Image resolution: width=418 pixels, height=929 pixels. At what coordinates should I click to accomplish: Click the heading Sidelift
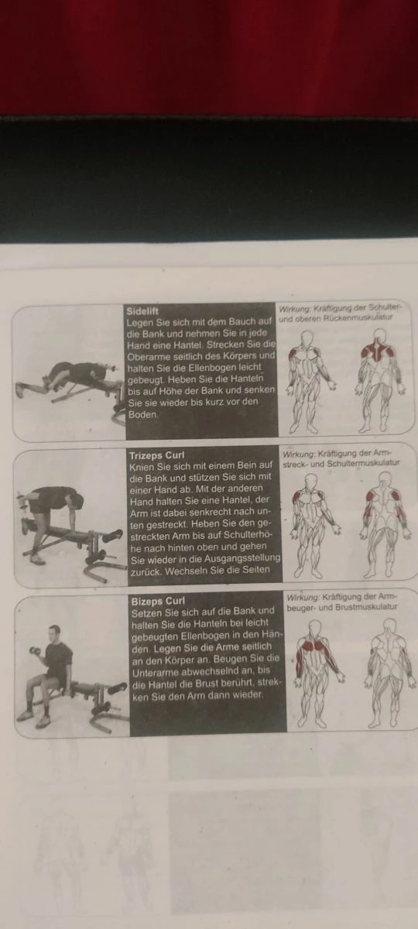tap(142, 311)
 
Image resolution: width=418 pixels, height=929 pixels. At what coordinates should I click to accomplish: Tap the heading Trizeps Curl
tap(157, 455)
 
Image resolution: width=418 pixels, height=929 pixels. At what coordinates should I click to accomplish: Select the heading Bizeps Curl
tap(158, 602)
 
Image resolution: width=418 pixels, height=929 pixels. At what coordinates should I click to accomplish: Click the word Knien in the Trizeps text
tap(142, 467)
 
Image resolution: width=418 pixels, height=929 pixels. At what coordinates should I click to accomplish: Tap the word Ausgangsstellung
tap(242, 559)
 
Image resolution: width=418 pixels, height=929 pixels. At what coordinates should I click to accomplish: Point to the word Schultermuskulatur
tap(363, 463)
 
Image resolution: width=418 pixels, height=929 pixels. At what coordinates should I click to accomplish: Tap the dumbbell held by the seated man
tap(36, 651)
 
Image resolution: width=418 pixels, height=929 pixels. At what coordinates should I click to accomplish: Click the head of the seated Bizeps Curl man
tap(54, 632)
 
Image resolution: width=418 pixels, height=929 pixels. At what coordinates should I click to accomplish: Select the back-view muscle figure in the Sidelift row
tap(378, 380)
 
